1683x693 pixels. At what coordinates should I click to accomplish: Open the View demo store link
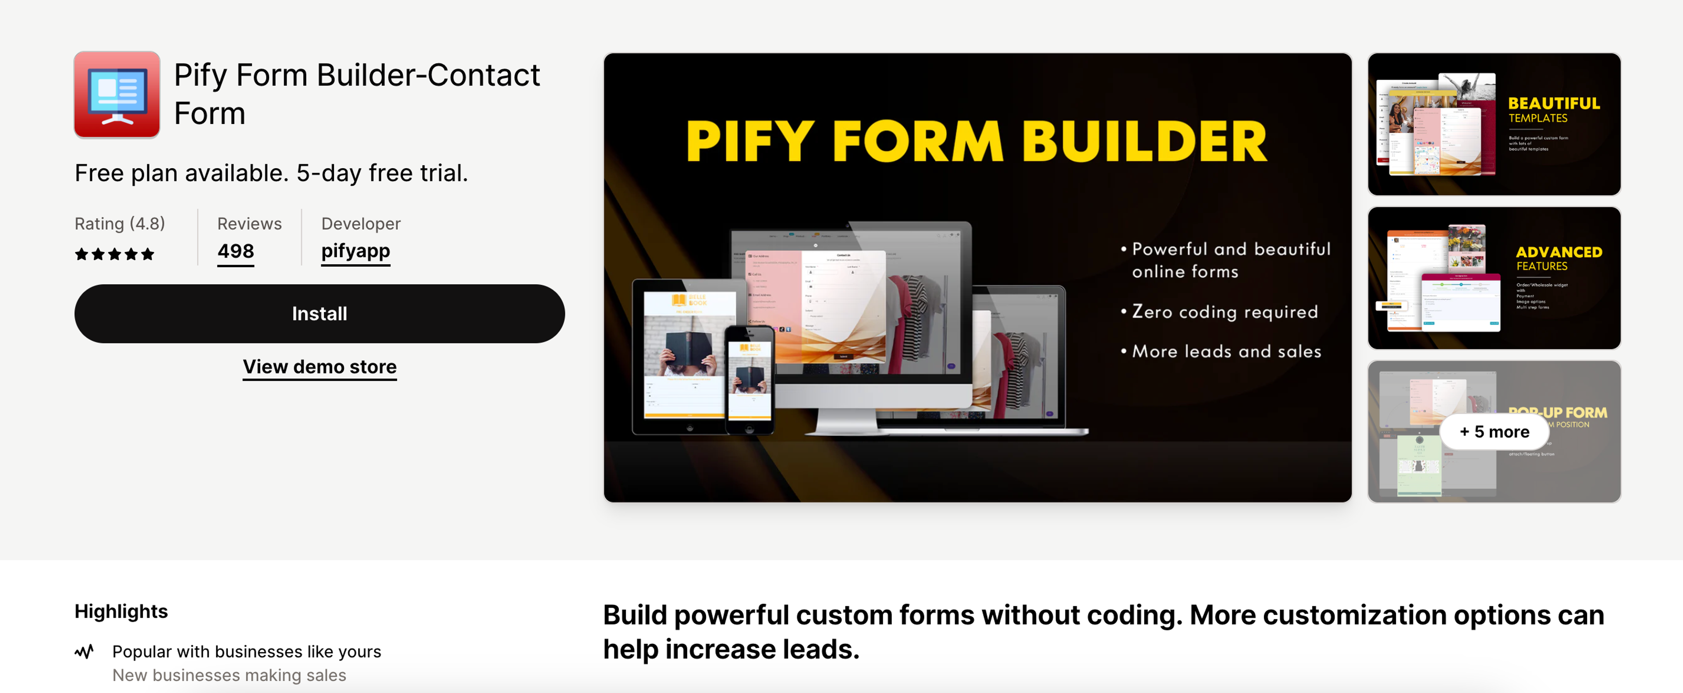point(320,366)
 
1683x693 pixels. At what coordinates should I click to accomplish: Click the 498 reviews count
point(235,251)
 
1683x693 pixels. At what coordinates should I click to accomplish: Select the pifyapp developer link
point(355,251)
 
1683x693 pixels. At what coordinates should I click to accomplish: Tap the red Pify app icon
point(117,95)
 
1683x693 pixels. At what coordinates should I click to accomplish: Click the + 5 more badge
point(1494,432)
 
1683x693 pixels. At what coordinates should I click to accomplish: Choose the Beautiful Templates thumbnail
point(1494,124)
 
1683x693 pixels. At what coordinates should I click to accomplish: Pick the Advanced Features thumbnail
point(1494,278)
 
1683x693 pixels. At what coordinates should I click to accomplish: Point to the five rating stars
point(114,254)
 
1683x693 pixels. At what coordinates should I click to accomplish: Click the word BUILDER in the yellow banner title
point(1143,142)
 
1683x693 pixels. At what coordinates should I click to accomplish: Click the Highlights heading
point(121,612)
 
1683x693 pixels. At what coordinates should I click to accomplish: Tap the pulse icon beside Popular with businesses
point(84,651)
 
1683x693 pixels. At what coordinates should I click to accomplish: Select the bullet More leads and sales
point(1226,351)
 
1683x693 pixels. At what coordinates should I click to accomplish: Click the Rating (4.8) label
point(120,223)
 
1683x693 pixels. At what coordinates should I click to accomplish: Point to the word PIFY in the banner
point(749,142)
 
